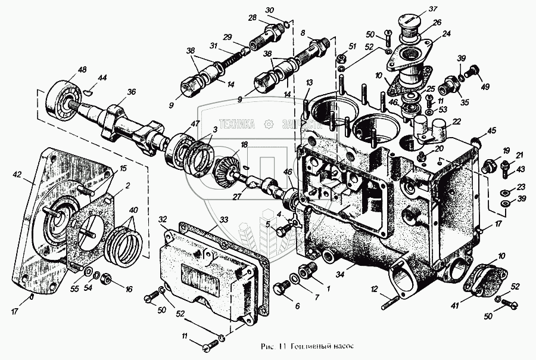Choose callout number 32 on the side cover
(x=162, y=219)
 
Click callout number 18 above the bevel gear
(x=244, y=145)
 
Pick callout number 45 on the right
(x=492, y=131)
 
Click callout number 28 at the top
(x=253, y=17)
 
